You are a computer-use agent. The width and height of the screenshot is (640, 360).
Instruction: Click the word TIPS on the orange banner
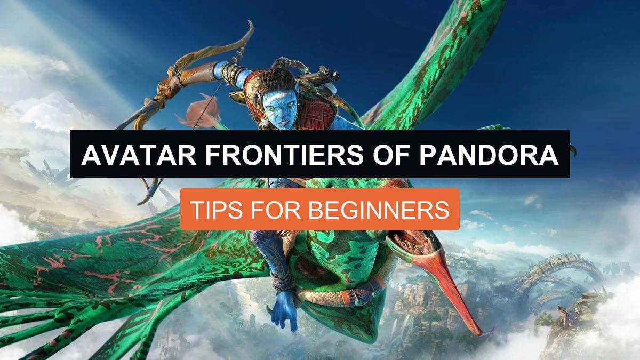coord(214,209)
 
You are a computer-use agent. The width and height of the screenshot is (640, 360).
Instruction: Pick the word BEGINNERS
coord(379,209)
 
